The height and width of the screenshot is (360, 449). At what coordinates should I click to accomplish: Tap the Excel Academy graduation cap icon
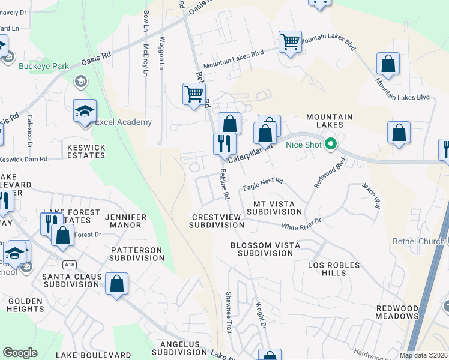click(85, 111)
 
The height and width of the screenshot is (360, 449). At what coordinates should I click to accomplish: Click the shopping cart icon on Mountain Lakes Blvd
click(290, 42)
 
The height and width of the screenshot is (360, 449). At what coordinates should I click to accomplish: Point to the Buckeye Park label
click(41, 66)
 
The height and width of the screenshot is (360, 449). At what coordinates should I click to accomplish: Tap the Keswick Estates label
click(86, 151)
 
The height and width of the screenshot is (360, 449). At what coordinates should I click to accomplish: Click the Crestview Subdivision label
click(217, 221)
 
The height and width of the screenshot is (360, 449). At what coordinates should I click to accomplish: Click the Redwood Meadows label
click(397, 312)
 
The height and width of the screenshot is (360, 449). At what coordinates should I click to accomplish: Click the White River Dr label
click(301, 224)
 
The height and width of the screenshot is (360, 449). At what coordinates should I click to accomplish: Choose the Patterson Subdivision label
click(136, 253)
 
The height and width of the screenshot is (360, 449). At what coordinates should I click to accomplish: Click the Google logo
click(20, 353)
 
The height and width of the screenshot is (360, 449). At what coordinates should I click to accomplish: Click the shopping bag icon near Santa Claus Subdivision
click(116, 284)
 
